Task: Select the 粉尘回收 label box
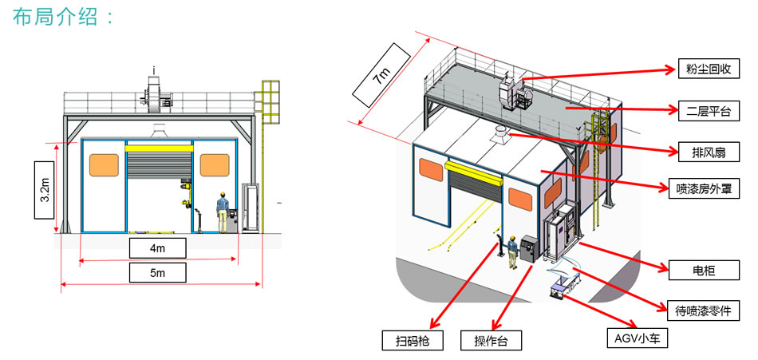click(703, 69)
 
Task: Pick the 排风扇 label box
click(703, 150)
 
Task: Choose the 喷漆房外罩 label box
click(703, 189)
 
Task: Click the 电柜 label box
click(703, 271)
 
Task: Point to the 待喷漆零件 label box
click(703, 310)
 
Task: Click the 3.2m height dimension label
click(45, 189)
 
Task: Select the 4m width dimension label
click(157, 248)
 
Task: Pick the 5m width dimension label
click(157, 274)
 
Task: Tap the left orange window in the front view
click(104, 165)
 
